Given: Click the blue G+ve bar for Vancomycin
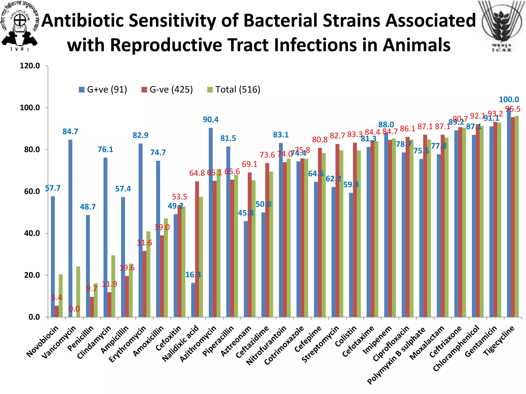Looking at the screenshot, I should pyautogui.click(x=70, y=228).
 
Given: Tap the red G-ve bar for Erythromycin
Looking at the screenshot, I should pyautogui.click(x=145, y=284).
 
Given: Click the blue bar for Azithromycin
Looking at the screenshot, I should pyautogui.click(x=211, y=222).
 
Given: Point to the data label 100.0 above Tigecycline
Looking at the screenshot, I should pyautogui.click(x=509, y=100).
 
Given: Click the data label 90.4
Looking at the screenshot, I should pyautogui.click(x=211, y=120).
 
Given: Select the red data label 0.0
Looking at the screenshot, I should pyautogui.click(x=74, y=309).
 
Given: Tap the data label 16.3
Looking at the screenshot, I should pyautogui.click(x=193, y=275).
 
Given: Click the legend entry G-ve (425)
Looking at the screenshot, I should pyautogui.click(x=167, y=90).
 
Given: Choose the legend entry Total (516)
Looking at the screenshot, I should pyautogui.click(x=234, y=90).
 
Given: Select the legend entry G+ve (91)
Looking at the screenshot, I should pyautogui.click(x=103, y=90).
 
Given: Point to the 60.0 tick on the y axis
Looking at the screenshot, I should pyautogui.click(x=32, y=191).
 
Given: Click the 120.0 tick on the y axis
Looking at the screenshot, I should pyautogui.click(x=30, y=66).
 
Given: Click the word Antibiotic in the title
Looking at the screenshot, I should pyautogui.click(x=83, y=21).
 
